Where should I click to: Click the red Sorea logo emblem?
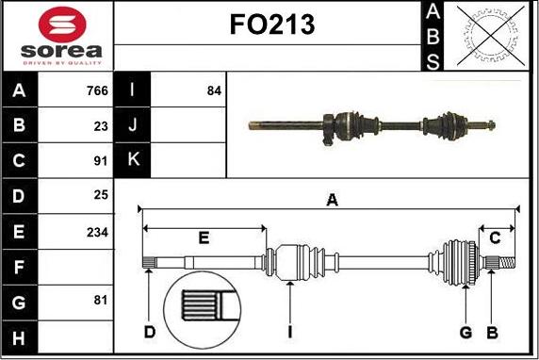coord(62,25)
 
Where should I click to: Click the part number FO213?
coord(272,25)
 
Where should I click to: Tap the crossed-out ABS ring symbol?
coord(491,36)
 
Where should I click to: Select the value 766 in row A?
coord(97,90)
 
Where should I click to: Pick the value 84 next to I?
coord(214,90)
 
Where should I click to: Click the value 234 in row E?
coord(97,233)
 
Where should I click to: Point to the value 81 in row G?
coord(101,301)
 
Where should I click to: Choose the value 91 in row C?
coord(101,161)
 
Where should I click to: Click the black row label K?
coord(132,159)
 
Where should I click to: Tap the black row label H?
coord(19,338)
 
